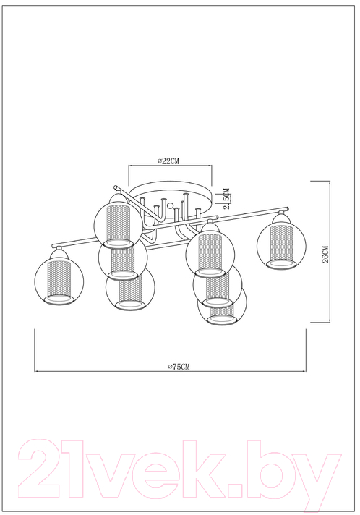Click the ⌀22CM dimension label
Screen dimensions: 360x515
(x=168, y=161)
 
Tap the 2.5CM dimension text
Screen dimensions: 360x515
(x=226, y=199)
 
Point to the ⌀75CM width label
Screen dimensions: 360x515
(x=179, y=367)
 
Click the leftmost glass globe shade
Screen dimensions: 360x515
(x=59, y=281)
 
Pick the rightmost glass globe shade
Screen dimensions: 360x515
(x=281, y=244)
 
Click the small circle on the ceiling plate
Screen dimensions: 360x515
(x=171, y=205)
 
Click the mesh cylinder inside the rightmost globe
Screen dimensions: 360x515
(x=281, y=243)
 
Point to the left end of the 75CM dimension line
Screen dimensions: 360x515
(x=35, y=371)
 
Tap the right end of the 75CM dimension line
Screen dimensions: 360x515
(x=307, y=371)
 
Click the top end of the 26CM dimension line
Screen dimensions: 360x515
(x=330, y=181)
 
